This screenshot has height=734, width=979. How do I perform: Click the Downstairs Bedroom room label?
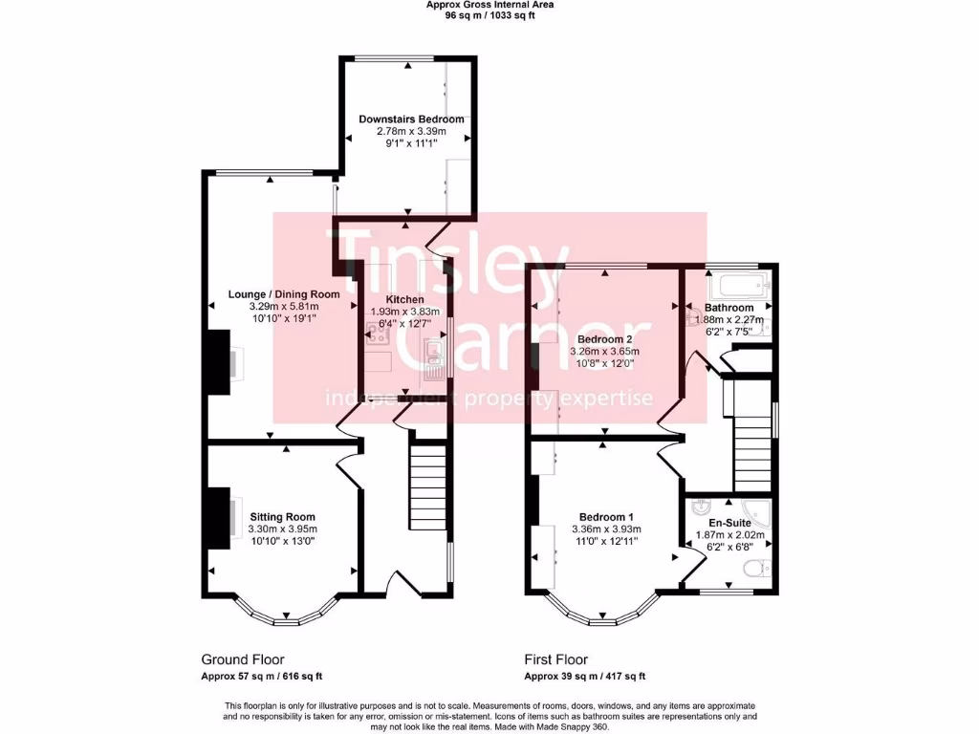[x=411, y=119]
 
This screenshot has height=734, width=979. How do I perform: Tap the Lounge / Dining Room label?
[x=284, y=294]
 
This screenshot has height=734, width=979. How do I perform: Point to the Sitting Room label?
[x=282, y=517]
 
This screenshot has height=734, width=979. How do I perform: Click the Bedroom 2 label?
[x=605, y=339]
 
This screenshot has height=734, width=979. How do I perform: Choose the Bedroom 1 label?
[x=604, y=517]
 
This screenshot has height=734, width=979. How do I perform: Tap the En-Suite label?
[x=729, y=524]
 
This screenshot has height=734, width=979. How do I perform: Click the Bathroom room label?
[x=729, y=308]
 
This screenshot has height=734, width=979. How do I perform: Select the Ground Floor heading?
[x=242, y=659]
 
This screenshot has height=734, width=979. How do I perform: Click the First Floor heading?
[x=555, y=659]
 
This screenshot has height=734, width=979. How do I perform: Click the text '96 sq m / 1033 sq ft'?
[x=489, y=15]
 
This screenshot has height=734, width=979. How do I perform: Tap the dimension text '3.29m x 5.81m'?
[x=284, y=306]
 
